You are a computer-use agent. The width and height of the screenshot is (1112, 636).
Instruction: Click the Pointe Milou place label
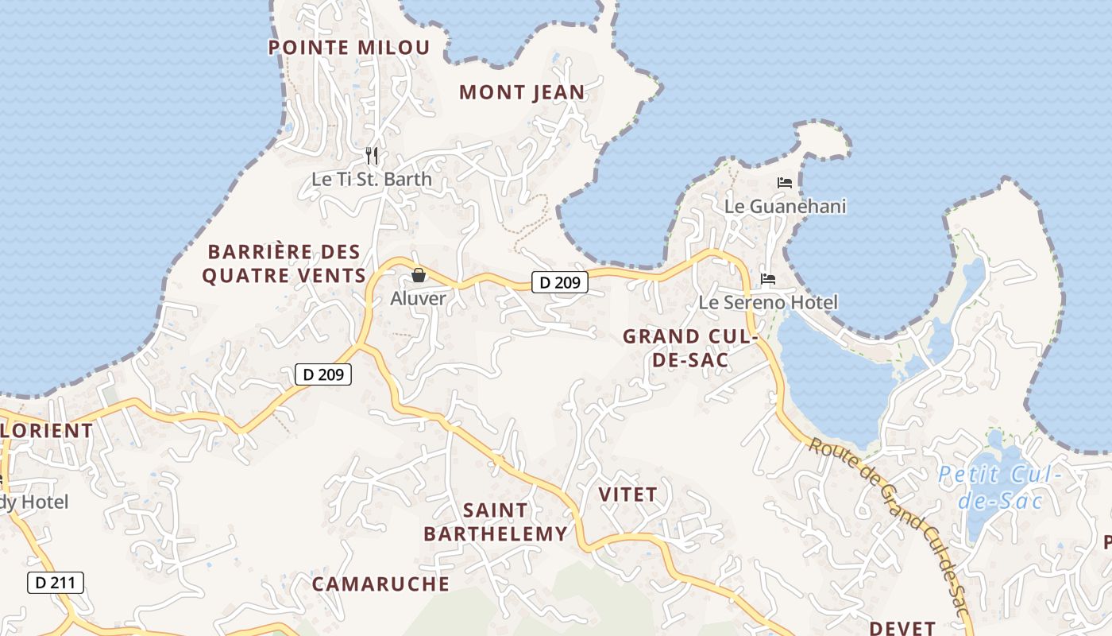349,48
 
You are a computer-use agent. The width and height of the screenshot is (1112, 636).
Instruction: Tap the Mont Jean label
522,92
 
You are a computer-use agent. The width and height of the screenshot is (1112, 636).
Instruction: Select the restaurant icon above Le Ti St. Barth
372,155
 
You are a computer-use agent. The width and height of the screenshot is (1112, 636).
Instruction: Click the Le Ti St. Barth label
372,179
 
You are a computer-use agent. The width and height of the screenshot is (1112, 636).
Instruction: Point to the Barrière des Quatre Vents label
284,264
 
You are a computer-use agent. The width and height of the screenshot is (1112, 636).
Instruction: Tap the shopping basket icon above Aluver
419,275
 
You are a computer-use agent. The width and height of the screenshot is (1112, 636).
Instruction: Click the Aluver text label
419,299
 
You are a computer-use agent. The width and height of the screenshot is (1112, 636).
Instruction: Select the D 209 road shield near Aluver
559,281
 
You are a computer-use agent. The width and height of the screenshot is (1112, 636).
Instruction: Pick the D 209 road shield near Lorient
323,374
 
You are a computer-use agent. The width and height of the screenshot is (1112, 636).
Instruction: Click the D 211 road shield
56,583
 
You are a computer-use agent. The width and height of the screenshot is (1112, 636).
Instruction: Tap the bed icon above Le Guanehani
785,183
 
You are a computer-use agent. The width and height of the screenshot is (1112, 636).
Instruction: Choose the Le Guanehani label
785,207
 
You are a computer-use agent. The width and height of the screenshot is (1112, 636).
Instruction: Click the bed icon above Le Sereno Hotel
767,279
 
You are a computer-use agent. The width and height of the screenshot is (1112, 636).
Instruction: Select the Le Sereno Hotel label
767,303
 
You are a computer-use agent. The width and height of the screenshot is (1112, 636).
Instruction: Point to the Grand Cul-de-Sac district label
688,348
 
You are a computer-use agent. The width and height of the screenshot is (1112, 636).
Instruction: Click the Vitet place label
627,494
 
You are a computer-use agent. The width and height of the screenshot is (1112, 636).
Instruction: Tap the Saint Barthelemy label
496,522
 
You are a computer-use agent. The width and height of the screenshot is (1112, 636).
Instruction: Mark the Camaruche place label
380,584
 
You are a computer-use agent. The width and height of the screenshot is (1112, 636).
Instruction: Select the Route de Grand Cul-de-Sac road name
890,525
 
